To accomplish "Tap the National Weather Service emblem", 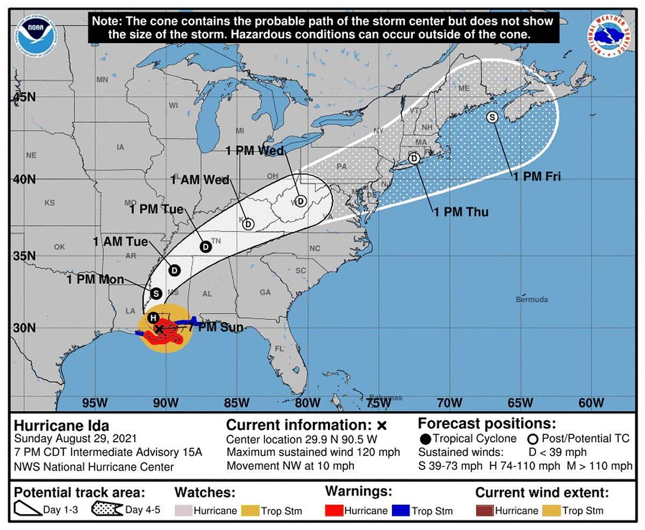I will [609, 35].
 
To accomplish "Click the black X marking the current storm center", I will [159, 329].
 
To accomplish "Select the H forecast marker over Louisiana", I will [153, 317].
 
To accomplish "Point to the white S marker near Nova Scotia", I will [492, 117].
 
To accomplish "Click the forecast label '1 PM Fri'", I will [537, 177].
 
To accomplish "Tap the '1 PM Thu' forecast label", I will [461, 212].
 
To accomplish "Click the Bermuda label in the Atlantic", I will [532, 299].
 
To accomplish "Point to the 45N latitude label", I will [24, 97].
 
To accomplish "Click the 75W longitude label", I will [378, 403].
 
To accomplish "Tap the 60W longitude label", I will [591, 403].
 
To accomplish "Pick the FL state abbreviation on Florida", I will [279, 349].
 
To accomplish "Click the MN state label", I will [102, 79].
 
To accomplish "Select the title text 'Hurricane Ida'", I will [62, 425].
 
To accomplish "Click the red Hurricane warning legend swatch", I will [334, 510].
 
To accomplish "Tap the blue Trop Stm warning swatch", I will [401, 510].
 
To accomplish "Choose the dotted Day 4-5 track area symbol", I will [107, 509].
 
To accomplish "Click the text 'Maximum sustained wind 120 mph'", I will [313, 452].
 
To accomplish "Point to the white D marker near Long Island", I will [414, 158].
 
